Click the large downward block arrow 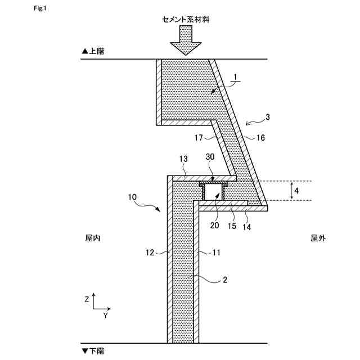point(185,43)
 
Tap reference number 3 point(268,117)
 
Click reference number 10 point(132,197)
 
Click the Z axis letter point(87,300)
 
